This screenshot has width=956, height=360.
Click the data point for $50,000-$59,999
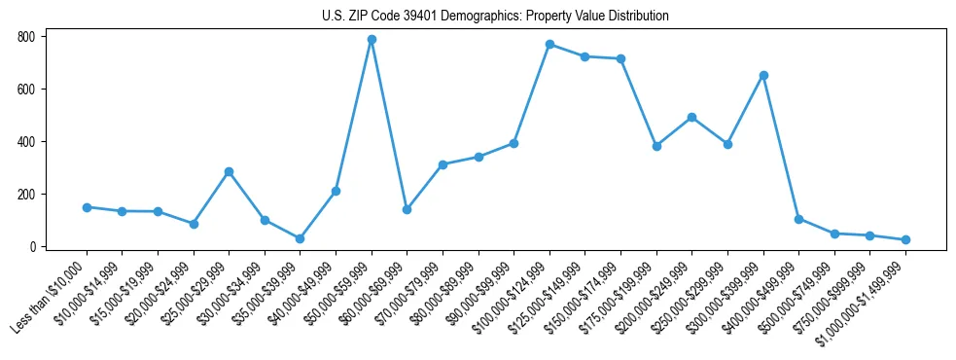coord(372,40)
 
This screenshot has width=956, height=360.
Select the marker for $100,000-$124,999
coord(549,45)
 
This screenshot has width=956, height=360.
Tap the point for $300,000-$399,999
coord(763,75)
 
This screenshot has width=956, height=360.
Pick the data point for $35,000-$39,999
coord(300,238)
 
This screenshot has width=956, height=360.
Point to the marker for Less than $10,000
coord(87,207)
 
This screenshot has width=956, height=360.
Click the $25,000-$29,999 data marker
coord(229,171)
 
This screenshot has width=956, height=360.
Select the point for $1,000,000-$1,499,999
coord(905,239)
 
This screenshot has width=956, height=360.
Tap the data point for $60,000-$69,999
coord(407,209)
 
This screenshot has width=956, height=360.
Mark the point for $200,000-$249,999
coord(691,117)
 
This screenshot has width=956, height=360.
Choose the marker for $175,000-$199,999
coord(656,146)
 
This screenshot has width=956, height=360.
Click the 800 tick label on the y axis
coord(25,37)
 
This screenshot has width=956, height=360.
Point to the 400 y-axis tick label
coord(25,142)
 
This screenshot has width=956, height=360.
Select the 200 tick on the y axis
coord(25,195)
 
